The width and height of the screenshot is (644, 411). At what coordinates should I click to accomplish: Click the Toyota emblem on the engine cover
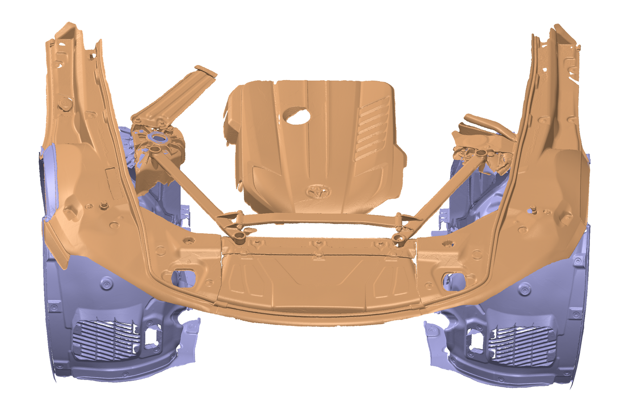click(x=318, y=192)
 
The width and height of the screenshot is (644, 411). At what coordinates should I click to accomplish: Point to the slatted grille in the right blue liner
click(x=521, y=345)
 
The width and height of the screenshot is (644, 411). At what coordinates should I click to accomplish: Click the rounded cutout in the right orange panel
click(x=454, y=280)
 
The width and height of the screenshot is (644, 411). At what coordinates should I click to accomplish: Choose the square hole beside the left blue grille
click(x=151, y=336)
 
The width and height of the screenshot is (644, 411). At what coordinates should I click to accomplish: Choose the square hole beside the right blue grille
click(x=475, y=340)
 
